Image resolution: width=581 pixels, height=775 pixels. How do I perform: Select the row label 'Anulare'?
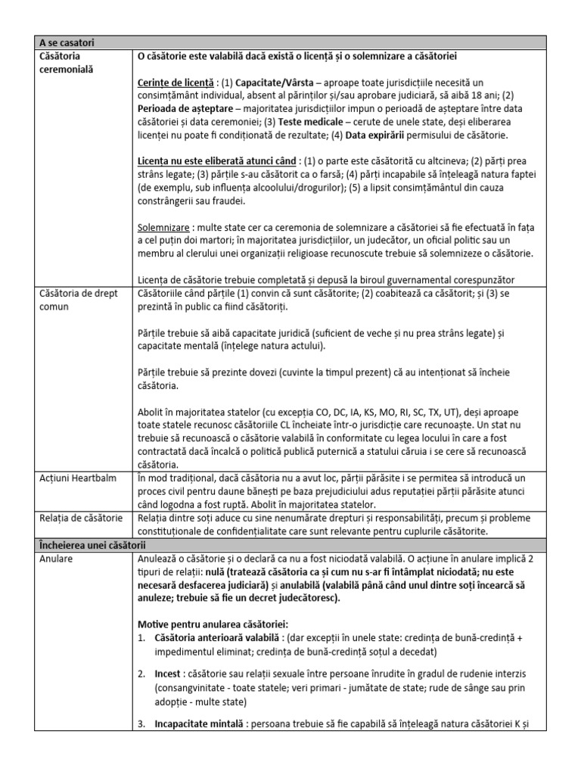[56, 558]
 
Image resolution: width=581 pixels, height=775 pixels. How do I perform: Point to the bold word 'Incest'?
[168, 673]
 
